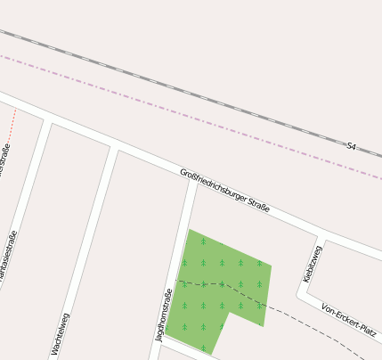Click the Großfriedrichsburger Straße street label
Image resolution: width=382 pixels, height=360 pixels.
pos(224,190)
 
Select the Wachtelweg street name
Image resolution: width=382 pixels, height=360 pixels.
pos(60,334)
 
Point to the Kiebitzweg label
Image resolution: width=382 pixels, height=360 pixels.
pos(313,264)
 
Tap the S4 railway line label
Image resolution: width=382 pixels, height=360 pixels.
pos(352,145)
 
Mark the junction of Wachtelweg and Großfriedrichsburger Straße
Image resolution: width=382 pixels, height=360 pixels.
pos(114,145)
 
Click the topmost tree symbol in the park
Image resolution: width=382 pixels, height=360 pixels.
pos(203,241)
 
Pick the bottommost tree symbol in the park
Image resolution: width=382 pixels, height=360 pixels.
pos(203,348)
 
